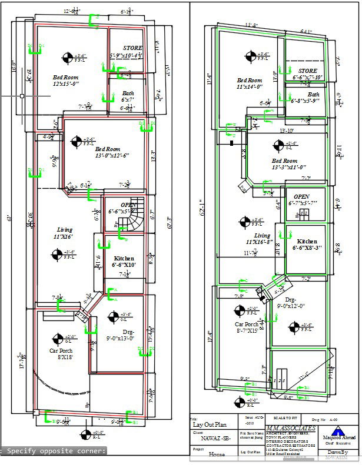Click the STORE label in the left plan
click(x=132, y=48)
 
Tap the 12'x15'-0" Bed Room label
click(x=66, y=81)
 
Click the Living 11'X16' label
click(x=64, y=233)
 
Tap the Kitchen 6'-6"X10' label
click(x=124, y=262)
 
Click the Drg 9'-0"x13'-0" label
click(x=120, y=335)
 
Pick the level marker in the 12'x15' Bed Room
click(x=66, y=57)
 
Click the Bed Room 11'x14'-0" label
click(x=250, y=83)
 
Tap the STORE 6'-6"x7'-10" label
click(x=307, y=73)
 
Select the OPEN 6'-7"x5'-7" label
click(x=301, y=199)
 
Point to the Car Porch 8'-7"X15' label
click(x=247, y=327)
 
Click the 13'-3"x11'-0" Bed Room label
click(x=285, y=164)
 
